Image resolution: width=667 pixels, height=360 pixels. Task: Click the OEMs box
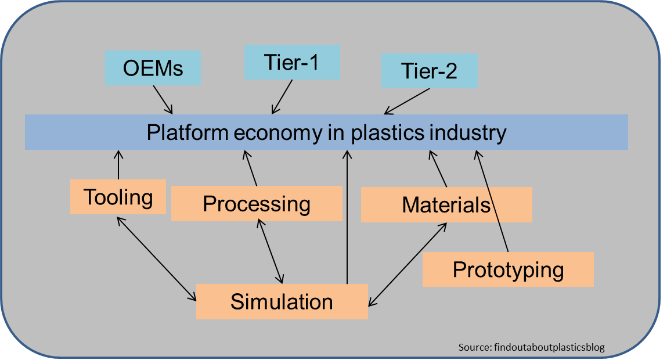[153, 69]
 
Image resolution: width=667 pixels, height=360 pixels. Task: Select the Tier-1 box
[291, 62]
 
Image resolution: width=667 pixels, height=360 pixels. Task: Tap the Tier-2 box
[429, 71]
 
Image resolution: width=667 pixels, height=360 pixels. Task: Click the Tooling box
[118, 197]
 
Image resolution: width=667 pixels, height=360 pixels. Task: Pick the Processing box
[256, 204]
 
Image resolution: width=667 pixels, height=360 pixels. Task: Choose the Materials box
[446, 204]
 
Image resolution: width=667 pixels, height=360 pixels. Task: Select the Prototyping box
[508, 269]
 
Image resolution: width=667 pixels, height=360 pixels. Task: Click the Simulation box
[282, 301]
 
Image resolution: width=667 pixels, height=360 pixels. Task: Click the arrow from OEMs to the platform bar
[163, 100]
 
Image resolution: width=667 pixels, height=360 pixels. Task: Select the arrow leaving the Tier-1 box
[282, 96]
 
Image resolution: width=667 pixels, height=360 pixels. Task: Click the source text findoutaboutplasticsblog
[531, 347]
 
